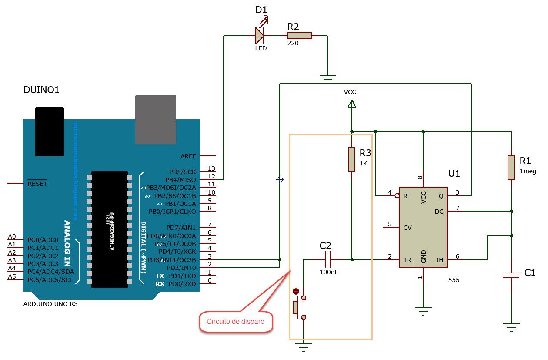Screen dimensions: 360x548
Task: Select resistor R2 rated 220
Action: coord(299,36)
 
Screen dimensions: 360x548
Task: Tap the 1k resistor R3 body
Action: coord(351,159)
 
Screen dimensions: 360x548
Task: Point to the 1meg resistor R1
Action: coord(511,167)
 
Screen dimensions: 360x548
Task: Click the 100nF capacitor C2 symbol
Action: coord(328,260)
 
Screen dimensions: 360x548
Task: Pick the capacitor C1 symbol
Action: coord(511,274)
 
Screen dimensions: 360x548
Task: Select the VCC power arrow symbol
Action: coord(351,104)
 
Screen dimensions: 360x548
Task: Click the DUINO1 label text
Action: coord(41,90)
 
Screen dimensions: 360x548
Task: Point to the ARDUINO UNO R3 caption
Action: coord(50,304)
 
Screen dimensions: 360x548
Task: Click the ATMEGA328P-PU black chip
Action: coord(110,229)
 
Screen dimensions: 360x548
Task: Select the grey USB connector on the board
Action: coord(155,119)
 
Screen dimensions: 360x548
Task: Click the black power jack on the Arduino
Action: coord(50,131)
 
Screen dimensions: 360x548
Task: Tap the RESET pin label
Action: coord(37,184)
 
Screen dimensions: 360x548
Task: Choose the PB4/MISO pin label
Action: coord(180,180)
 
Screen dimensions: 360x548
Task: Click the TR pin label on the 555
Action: coord(407,260)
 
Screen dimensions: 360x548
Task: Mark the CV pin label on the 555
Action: coord(408,228)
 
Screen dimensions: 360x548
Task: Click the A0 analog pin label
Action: coord(12,237)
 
